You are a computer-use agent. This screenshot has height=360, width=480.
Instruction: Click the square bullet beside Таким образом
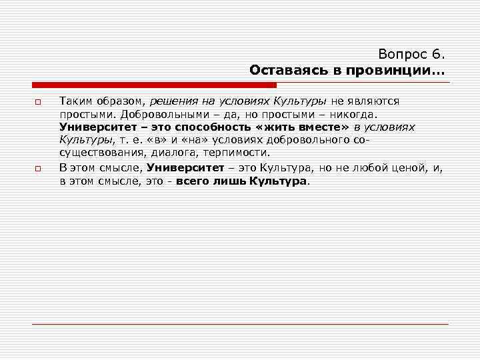point(38,102)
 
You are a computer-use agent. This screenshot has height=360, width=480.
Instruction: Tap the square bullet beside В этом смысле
point(38,169)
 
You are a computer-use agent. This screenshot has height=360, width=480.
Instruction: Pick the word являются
point(374,101)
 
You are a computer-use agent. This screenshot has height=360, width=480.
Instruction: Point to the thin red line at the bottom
point(240,324)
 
